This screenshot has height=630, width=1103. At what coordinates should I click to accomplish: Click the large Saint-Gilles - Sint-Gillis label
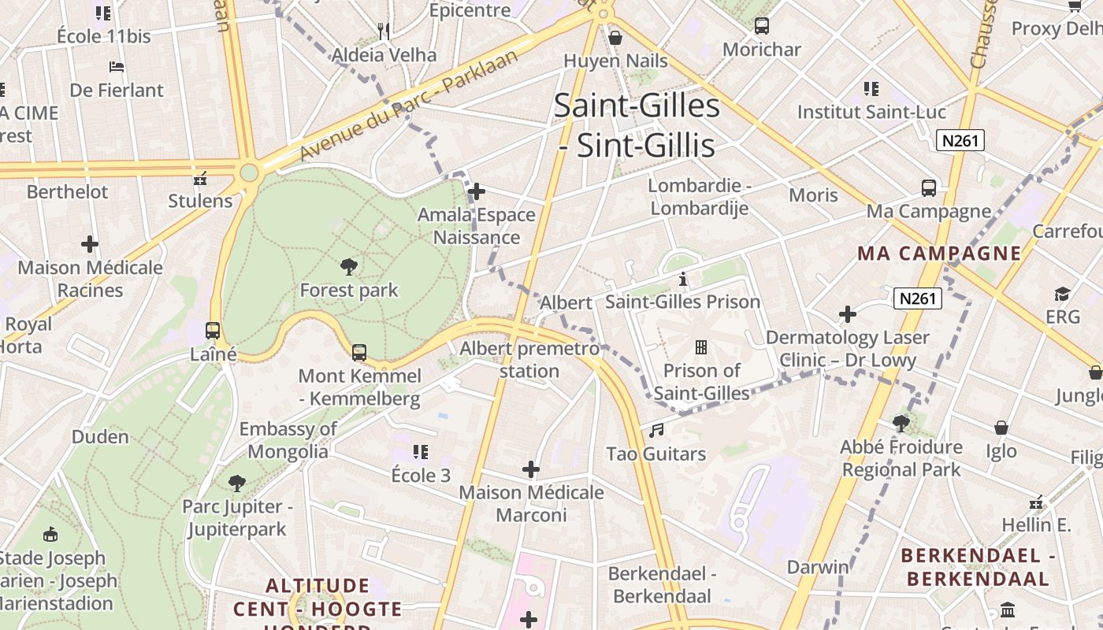coord(637,126)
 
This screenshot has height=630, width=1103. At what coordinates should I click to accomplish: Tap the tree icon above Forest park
coord(349,267)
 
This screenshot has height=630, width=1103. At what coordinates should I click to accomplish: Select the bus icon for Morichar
coord(762,26)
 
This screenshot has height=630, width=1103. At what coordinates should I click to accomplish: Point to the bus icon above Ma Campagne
coord(929,188)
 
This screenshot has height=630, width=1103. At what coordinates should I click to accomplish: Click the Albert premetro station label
coord(529,360)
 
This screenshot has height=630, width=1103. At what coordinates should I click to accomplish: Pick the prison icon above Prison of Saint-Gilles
coord(700,346)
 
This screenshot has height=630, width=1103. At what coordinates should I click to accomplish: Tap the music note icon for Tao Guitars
coord(656,430)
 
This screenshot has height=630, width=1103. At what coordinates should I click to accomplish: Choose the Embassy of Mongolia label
coord(288,440)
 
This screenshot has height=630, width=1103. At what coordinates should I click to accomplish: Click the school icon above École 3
coord(421,452)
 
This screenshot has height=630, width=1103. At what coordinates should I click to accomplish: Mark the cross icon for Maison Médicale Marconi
coord(531,470)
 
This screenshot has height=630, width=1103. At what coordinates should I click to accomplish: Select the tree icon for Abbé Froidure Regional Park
coord(901,424)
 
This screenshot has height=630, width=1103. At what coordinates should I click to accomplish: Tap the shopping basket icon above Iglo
coord(1001,428)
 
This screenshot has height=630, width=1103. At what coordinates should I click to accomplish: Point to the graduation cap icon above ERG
coord(1063,294)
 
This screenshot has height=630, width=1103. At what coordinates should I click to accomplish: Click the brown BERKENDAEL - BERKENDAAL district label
coord(978,567)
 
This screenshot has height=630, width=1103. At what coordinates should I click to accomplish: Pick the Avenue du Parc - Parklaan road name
coord(410,106)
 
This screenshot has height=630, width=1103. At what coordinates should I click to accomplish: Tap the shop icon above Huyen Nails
coord(615,37)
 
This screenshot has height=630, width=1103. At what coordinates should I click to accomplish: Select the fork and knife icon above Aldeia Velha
coord(384,31)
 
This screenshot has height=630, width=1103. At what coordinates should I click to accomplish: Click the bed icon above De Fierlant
coord(117,67)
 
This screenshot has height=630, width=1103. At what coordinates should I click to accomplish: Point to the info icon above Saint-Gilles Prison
coord(683,279)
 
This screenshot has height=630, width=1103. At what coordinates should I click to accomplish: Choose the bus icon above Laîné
coord(213,331)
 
